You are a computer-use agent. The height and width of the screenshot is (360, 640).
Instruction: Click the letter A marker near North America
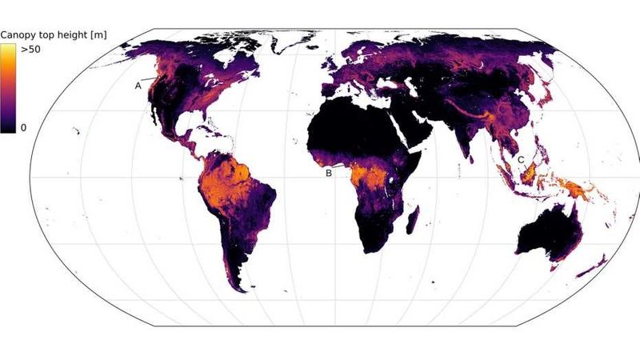[138, 84]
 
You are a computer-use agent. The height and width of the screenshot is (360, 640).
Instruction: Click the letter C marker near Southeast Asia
[521, 160]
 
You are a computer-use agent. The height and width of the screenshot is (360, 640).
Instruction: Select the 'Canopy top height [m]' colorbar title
[54, 34]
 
